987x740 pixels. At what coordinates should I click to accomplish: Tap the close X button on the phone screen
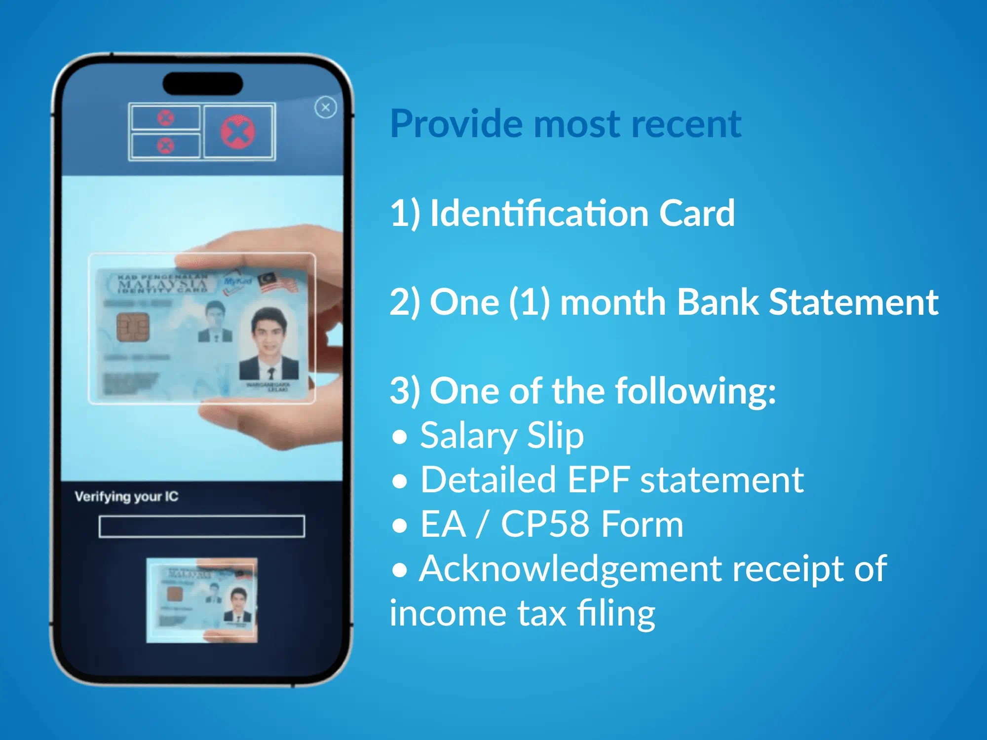(326, 107)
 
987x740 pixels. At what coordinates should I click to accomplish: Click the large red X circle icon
(238, 132)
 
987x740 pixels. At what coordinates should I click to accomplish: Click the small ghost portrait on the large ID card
(215, 322)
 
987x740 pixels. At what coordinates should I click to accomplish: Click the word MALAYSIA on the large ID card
(162, 285)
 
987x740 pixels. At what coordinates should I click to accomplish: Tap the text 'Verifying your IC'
(126, 496)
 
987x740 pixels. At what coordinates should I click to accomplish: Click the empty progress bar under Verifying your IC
(201, 526)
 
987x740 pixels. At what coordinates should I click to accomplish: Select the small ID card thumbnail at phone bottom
(202, 600)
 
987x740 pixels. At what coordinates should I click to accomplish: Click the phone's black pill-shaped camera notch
(203, 84)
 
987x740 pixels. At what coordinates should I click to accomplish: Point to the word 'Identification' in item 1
(539, 213)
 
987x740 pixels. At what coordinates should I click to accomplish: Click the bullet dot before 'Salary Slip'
(400, 437)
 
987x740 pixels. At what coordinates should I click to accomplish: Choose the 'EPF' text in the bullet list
(599, 480)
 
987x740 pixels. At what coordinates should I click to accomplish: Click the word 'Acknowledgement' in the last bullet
(570, 569)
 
